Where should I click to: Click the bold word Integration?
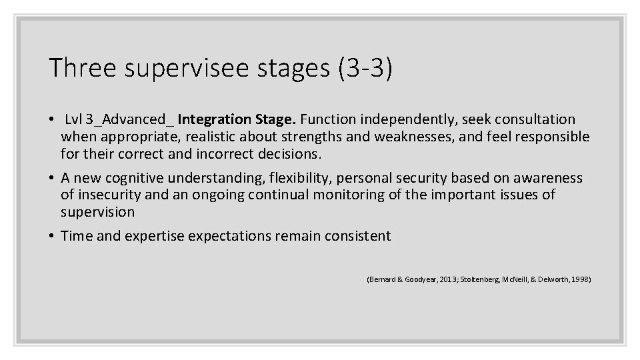coord(215,119)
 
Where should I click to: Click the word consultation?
coord(531,119)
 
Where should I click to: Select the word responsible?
coord(549,137)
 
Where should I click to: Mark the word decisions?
coord(293,154)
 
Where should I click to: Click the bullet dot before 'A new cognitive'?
coord(51,178)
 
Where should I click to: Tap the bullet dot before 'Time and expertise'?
coord(51,236)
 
